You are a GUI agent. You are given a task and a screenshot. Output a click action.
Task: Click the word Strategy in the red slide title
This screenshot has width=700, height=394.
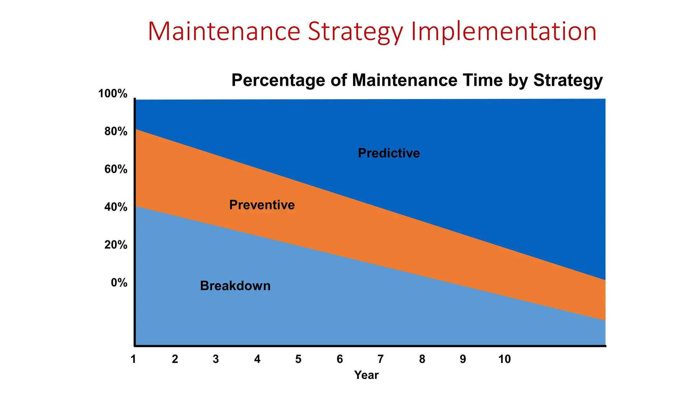coord(355,32)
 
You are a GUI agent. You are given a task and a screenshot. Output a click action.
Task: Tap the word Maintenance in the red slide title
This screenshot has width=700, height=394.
coord(224,32)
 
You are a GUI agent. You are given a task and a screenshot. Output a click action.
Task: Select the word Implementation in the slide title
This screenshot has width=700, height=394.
coord(503,32)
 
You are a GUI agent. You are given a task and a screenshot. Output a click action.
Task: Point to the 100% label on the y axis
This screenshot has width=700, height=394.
coord(113,94)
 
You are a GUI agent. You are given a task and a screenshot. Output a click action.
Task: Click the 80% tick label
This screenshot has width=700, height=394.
coord(116,132)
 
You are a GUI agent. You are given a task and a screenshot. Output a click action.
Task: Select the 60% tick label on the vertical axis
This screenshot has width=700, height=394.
coord(116,169)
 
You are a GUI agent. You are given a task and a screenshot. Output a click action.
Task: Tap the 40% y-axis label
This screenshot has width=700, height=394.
coord(116,207)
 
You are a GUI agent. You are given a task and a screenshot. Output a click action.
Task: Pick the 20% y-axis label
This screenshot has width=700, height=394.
coord(116,245)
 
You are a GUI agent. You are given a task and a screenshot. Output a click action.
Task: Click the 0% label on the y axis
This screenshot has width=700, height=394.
coord(119,283)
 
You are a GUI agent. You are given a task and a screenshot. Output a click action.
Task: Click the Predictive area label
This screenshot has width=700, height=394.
coord(389,153)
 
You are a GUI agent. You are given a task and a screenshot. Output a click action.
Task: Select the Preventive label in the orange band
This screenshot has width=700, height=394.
coord(262,205)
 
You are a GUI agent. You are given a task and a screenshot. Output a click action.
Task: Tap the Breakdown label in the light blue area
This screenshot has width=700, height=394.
coord(235,286)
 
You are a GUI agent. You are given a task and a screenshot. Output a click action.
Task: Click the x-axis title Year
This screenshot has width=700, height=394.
coord(366,375)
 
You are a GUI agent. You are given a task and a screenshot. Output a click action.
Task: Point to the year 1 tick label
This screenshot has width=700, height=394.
coord(134,359)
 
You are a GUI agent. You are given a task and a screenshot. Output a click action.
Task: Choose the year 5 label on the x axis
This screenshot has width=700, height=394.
coord(298,359)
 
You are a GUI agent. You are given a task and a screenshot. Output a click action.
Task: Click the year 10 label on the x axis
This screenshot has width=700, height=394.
coord(504,359)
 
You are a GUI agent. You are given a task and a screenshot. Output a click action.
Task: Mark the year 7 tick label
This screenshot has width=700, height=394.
coord(380,359)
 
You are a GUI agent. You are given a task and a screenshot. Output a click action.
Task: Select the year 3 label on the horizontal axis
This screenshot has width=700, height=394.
coord(216,359)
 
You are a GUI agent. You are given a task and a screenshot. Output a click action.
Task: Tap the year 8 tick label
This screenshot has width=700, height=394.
coord(422,359)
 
